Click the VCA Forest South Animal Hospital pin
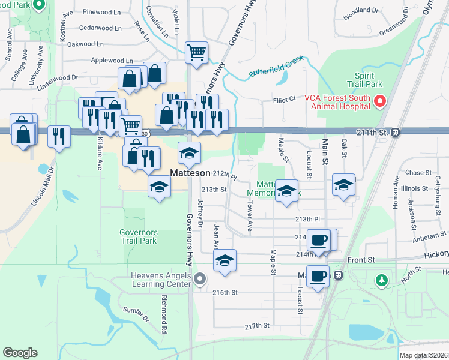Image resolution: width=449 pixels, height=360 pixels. [379, 101]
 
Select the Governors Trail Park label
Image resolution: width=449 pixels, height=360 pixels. [138, 236]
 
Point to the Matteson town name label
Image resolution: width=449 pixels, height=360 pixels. [190, 173]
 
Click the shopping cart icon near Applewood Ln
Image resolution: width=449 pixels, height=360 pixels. [196, 53]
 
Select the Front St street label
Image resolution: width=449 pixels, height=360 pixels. [361, 260]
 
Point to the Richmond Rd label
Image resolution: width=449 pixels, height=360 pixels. [163, 313]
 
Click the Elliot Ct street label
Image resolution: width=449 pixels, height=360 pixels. [285, 100]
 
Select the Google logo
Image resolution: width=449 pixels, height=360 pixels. [20, 353]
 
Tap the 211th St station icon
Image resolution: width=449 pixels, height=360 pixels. [396, 132]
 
